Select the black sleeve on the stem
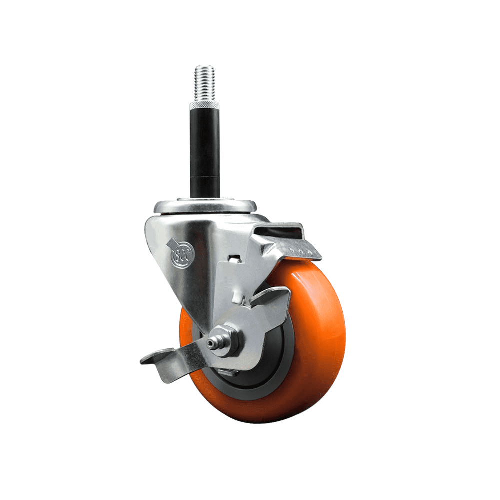click(205, 150)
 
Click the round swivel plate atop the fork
click(205, 206)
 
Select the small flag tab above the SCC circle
click(172, 244)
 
